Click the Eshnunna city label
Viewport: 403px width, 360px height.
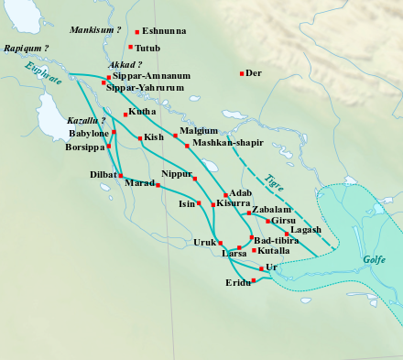click(x=166, y=31)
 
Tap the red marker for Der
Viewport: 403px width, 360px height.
click(x=242, y=73)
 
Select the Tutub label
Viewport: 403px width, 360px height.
click(x=147, y=48)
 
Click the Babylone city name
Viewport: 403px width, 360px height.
click(x=89, y=133)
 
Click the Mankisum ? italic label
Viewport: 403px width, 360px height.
click(x=95, y=30)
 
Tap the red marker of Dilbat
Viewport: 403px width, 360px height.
click(x=120, y=175)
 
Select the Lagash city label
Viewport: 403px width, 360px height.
click(x=305, y=230)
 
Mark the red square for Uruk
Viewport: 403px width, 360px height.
click(x=221, y=243)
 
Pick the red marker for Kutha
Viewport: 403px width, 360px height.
click(x=125, y=115)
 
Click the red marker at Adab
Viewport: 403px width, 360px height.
click(x=225, y=195)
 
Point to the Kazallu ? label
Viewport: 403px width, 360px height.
click(x=87, y=121)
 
